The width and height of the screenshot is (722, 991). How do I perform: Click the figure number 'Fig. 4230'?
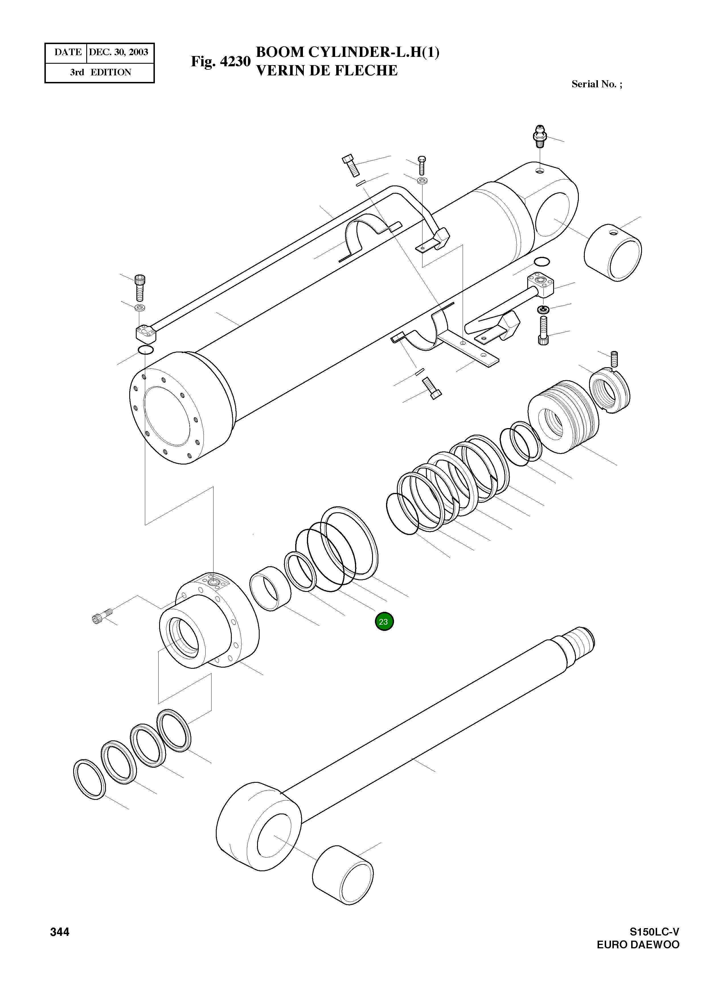tap(220, 62)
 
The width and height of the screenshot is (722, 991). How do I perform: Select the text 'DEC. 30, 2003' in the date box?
tap(118, 52)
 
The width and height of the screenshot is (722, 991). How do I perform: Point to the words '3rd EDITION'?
tap(100, 73)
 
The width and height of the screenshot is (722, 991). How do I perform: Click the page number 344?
tap(60, 932)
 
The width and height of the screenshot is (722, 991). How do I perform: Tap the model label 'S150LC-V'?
tap(654, 932)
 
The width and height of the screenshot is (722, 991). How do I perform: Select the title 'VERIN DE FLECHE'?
tap(327, 71)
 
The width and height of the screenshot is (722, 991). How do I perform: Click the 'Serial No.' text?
tap(596, 84)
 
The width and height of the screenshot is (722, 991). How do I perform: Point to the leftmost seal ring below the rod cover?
tap(89, 780)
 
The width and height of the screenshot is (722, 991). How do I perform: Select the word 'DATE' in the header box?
tap(68, 52)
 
